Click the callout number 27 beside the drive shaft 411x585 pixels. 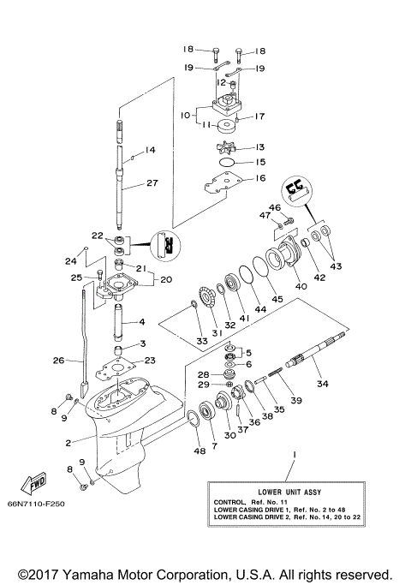[x=152, y=182]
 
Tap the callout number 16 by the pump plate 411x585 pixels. [x=259, y=178]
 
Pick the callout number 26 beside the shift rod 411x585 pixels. [x=58, y=361]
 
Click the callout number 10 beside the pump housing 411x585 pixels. [x=183, y=112]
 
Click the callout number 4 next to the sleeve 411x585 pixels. [x=142, y=322]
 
